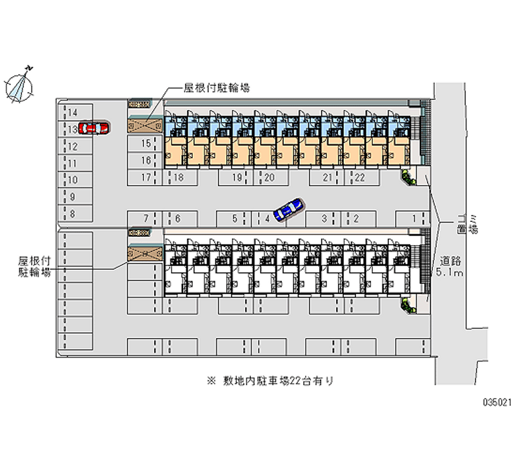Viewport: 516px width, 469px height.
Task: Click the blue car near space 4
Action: (288, 210)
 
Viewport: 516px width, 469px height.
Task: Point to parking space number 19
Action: (238, 178)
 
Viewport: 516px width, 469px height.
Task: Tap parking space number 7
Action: (143, 219)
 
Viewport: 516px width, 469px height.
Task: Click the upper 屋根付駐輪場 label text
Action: (217, 88)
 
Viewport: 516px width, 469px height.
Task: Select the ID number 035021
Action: (497, 402)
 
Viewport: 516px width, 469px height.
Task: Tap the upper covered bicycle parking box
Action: (146, 126)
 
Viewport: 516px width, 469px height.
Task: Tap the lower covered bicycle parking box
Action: (146, 255)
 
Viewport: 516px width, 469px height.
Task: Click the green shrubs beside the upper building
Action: (408, 176)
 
